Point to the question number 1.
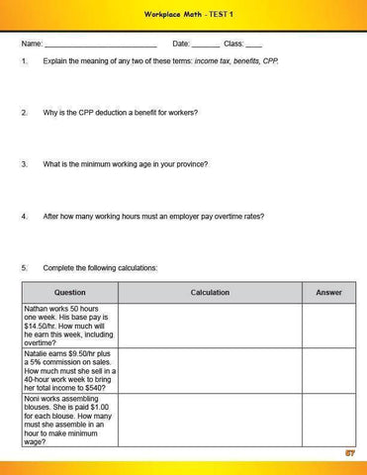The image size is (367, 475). tap(23, 62)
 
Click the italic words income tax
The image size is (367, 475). tap(215, 62)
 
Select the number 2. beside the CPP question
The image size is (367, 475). tap(23, 113)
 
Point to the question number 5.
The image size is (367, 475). tap(23, 267)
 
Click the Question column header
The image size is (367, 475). tap(69, 293)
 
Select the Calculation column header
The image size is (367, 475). tap(210, 293)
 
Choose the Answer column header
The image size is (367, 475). tap(328, 293)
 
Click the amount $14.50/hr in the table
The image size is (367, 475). tap(42, 325)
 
